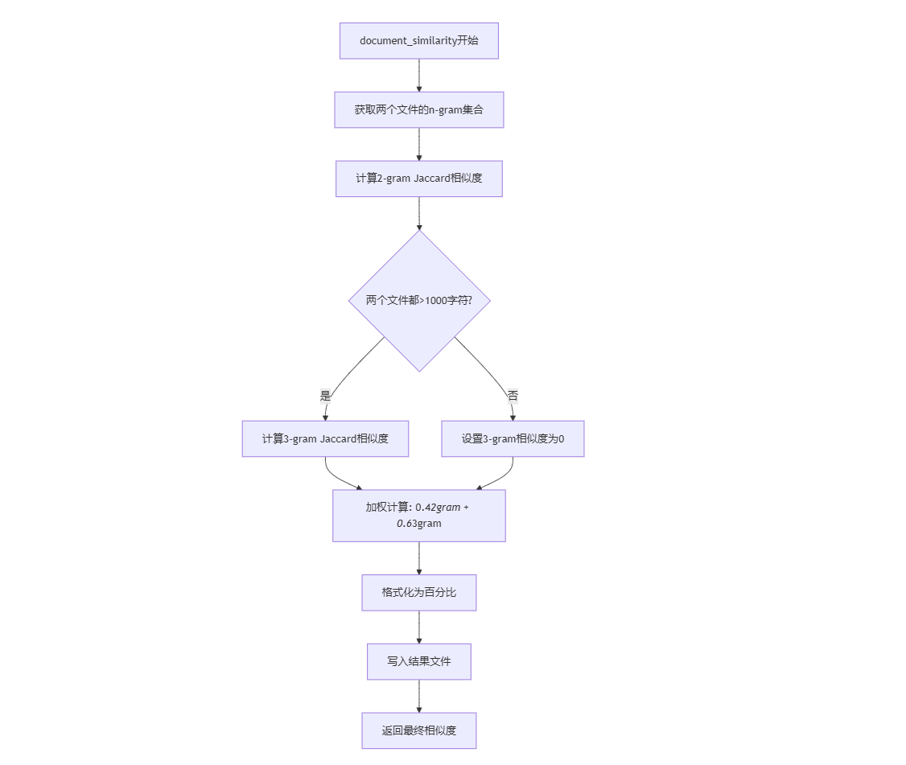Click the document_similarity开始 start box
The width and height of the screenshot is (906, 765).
418,41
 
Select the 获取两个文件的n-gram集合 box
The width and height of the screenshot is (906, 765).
418,109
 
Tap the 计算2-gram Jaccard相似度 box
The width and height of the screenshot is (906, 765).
418,179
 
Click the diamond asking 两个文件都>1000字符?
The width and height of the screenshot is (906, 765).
418,300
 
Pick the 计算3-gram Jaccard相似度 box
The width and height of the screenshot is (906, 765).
325,439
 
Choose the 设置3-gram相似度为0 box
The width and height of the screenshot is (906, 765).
513,439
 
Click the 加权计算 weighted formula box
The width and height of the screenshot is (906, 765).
418,516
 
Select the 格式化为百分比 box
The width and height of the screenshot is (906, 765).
418,593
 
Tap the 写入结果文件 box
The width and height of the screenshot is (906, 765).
418,661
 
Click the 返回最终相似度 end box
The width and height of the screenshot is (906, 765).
418,730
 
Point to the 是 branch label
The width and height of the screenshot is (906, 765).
325,395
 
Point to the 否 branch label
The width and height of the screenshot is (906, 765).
513,395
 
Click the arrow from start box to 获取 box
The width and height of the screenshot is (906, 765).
418,75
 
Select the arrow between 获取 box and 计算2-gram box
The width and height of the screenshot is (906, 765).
418,144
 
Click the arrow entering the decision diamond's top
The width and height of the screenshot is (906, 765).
418,213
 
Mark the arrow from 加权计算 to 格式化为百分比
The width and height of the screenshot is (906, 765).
418,557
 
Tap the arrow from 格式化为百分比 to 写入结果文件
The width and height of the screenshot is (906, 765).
418,627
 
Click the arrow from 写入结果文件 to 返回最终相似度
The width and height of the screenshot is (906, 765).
418,696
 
